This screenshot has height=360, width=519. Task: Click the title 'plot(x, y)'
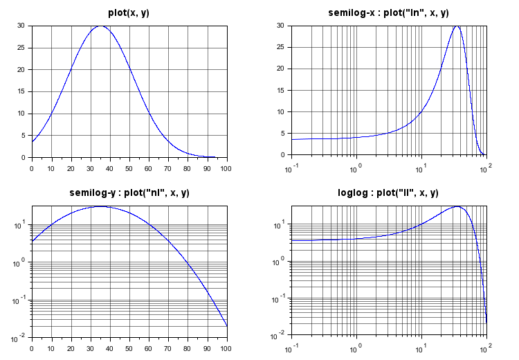(129, 12)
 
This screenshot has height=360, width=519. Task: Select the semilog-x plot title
(388, 12)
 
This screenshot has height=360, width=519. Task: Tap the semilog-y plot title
(129, 192)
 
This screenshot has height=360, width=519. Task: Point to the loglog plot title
(388, 192)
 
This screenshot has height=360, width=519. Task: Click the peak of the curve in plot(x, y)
(101, 26)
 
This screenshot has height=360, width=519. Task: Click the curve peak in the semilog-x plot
(457, 26)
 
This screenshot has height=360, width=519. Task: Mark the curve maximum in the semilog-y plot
(101, 206)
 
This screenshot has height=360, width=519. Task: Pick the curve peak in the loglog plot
(457, 206)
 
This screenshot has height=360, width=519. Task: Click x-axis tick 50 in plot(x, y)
(129, 168)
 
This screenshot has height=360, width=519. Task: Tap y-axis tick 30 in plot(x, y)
(21, 26)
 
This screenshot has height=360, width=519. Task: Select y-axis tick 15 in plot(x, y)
(21, 91)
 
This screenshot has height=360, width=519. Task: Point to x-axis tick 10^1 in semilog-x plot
(419, 170)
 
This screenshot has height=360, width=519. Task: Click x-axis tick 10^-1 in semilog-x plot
(290, 170)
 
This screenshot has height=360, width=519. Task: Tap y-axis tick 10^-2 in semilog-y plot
(20, 336)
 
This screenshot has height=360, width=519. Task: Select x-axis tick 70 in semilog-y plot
(168, 348)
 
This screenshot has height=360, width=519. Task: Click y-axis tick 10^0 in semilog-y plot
(21, 262)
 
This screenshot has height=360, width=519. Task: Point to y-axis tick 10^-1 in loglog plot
(280, 299)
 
